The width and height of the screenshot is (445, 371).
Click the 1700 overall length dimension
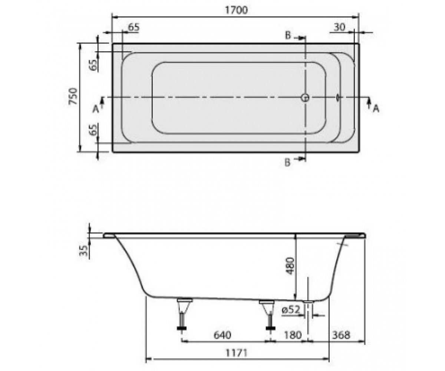(x=236, y=10)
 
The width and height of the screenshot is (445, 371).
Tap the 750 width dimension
(x=73, y=96)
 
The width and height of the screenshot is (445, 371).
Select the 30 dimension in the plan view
(x=339, y=27)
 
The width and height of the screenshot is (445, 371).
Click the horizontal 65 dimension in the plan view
(x=133, y=27)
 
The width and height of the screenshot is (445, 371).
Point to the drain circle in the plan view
(x=305, y=98)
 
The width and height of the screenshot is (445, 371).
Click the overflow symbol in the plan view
(x=337, y=98)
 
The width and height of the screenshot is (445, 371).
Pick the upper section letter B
(x=288, y=36)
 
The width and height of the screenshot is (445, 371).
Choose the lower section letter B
(x=287, y=163)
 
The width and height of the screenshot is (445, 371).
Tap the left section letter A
(x=96, y=109)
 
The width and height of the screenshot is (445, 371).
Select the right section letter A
(x=376, y=109)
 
